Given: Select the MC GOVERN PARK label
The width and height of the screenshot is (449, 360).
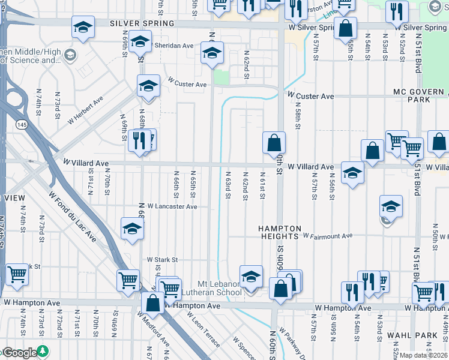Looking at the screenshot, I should click(x=420, y=95).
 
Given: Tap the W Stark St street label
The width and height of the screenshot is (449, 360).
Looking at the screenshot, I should click(x=163, y=260).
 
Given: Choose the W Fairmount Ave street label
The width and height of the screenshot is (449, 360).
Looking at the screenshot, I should click(x=328, y=236).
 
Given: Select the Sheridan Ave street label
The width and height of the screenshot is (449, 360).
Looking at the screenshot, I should click(x=175, y=46).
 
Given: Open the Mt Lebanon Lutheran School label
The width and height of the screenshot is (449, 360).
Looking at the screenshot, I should click(x=220, y=288).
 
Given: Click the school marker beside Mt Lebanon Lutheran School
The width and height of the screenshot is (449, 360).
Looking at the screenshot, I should click(x=252, y=277).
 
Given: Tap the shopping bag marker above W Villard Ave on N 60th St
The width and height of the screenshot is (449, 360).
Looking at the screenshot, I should click(x=274, y=143).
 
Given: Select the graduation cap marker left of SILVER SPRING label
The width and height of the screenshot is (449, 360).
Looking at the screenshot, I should click(x=83, y=27).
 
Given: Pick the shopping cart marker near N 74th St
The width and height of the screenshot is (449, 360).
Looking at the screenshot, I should click(x=17, y=274).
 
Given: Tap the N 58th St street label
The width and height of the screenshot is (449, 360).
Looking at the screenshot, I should click(x=297, y=116).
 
